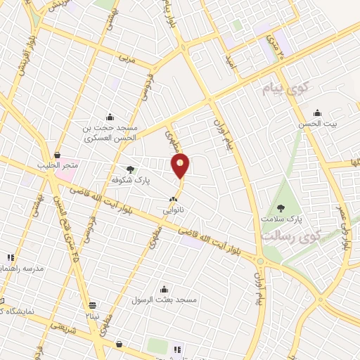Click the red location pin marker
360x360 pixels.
[181, 165]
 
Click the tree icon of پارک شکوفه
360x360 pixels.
[130, 169]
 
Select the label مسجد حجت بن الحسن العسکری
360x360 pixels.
[109, 133]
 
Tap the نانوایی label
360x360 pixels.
[174, 210]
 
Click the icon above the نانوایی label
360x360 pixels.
[174, 200]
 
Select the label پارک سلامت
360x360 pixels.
[281, 219]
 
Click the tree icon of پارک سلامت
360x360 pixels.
[281, 207]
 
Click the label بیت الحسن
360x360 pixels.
[317, 124]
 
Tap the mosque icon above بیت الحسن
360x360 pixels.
[317, 112]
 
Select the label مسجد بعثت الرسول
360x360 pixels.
[164, 300]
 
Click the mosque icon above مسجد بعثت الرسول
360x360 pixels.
[164, 288]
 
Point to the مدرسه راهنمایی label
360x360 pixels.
[24, 269]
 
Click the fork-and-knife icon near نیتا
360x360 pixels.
[93, 305]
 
